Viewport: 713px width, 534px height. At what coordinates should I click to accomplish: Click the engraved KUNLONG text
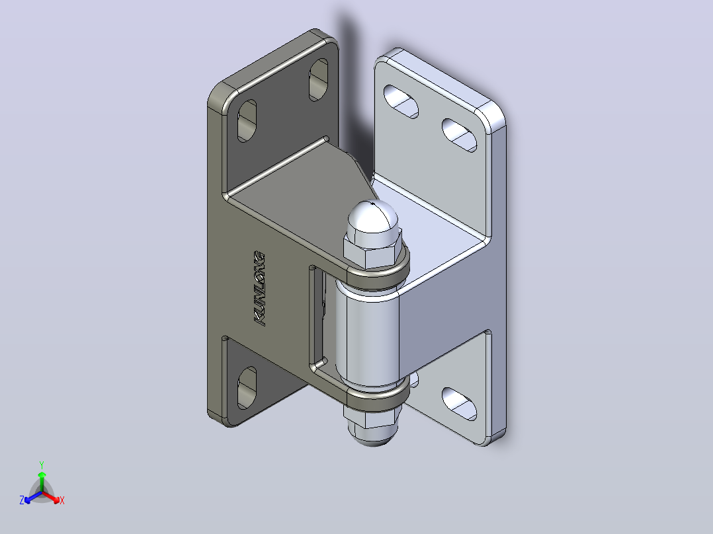click(x=259, y=288)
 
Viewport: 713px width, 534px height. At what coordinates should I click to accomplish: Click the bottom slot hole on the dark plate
click(x=247, y=387)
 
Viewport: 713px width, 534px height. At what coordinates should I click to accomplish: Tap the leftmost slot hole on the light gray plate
click(x=401, y=101)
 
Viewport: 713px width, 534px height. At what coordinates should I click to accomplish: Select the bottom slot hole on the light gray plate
click(x=459, y=404)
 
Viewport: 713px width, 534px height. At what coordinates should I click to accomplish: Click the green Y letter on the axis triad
click(x=42, y=465)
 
